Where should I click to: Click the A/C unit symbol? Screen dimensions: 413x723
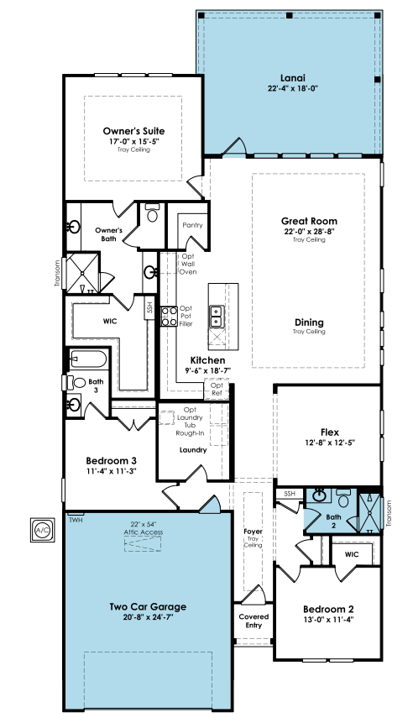pos(43,530)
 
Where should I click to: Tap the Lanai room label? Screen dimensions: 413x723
pos(293,78)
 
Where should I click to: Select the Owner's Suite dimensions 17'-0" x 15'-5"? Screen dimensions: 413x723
pos(133,141)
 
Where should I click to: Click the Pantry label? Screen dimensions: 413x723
pos(192,225)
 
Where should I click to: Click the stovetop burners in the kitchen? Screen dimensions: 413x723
pos(170,317)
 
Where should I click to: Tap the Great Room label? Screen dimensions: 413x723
pos(309,221)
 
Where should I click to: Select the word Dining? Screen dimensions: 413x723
pos(309,322)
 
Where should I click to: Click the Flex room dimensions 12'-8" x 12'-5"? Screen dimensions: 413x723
pos(330,443)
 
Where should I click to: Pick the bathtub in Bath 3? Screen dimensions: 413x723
pos(88,359)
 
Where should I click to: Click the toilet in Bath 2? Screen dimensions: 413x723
pos(344,499)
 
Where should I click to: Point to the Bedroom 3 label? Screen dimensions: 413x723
pos(111,461)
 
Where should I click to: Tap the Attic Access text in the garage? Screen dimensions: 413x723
pos(143,532)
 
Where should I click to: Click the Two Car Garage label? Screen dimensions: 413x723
pos(148,606)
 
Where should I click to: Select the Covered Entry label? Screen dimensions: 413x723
pos(254,621)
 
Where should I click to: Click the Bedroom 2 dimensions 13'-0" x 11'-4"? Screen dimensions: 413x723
pos(329,619)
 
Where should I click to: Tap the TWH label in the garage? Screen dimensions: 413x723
pos(75,520)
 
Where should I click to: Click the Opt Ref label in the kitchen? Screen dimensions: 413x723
pos(217,389)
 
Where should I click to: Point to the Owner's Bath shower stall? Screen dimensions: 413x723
pos(83,273)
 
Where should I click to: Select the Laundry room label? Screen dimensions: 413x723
pos(193,450)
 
